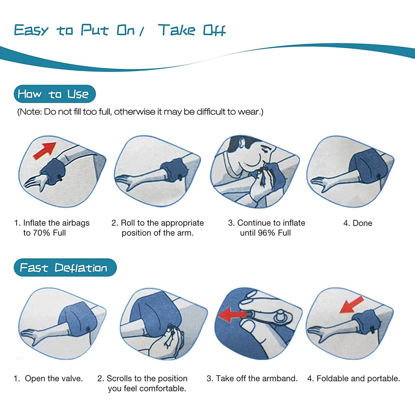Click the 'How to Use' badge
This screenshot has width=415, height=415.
(55, 94)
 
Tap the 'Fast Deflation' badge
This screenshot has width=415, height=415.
(65, 268)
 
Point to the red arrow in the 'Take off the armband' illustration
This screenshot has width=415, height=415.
(232, 315)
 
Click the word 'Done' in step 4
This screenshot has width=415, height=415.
(362, 223)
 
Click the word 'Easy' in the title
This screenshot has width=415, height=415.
(31, 30)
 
